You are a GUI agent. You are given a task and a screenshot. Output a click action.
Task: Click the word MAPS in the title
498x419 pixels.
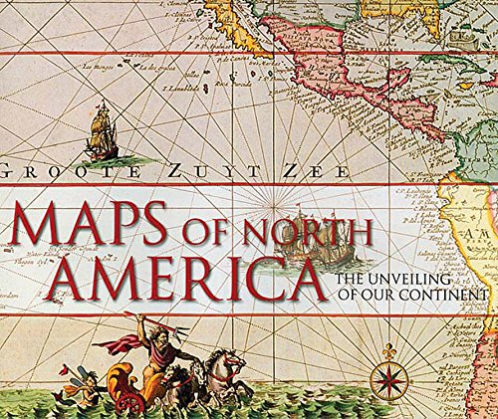coord(94,228)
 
